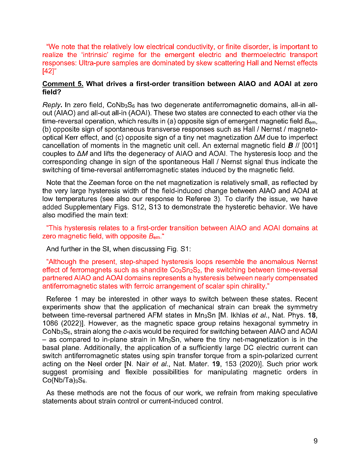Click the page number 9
(315, 441)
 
